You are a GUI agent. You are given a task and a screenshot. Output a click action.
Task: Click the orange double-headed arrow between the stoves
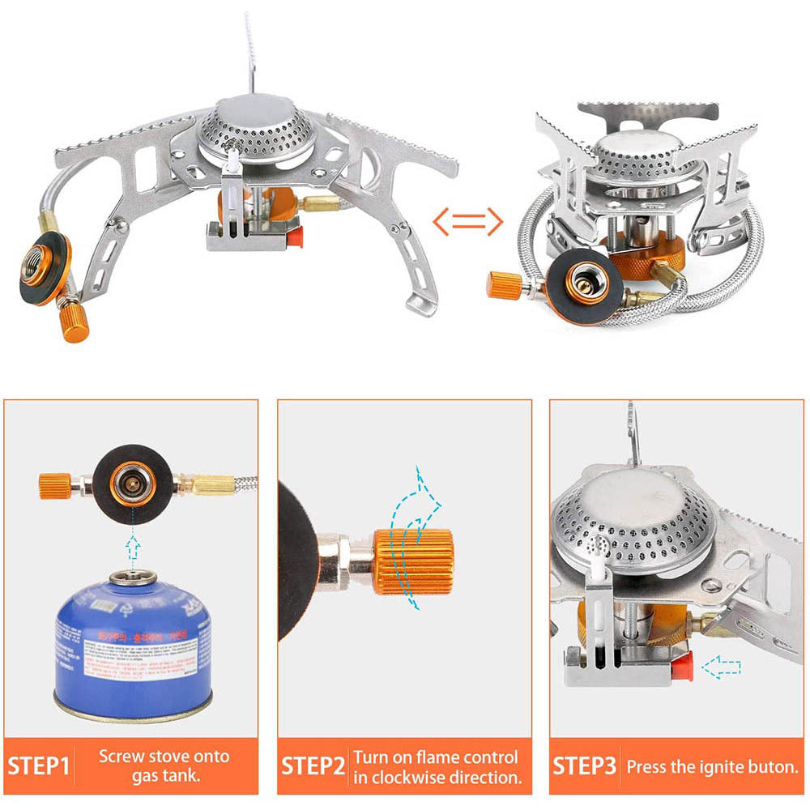click(x=467, y=221)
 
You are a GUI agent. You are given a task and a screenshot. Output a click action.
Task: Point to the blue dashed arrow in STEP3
click(x=723, y=667)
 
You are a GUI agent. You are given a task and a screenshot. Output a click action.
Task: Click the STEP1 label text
click(x=40, y=766)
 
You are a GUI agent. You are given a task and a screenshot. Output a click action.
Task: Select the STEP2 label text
click(x=313, y=766)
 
